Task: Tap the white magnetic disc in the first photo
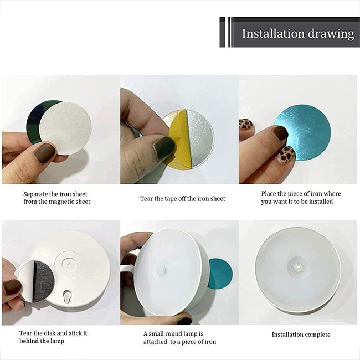[x=65, y=128]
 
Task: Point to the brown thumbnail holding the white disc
[x=45, y=152]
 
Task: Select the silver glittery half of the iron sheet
[x=199, y=139]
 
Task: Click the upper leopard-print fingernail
[x=246, y=125]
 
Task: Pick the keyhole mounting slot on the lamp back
[x=67, y=296]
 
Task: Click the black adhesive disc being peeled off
[x=44, y=281]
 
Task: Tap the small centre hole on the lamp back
[x=69, y=265]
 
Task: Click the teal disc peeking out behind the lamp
[x=220, y=274]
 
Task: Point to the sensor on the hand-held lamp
[x=163, y=270]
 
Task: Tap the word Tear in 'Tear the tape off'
[x=146, y=199]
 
